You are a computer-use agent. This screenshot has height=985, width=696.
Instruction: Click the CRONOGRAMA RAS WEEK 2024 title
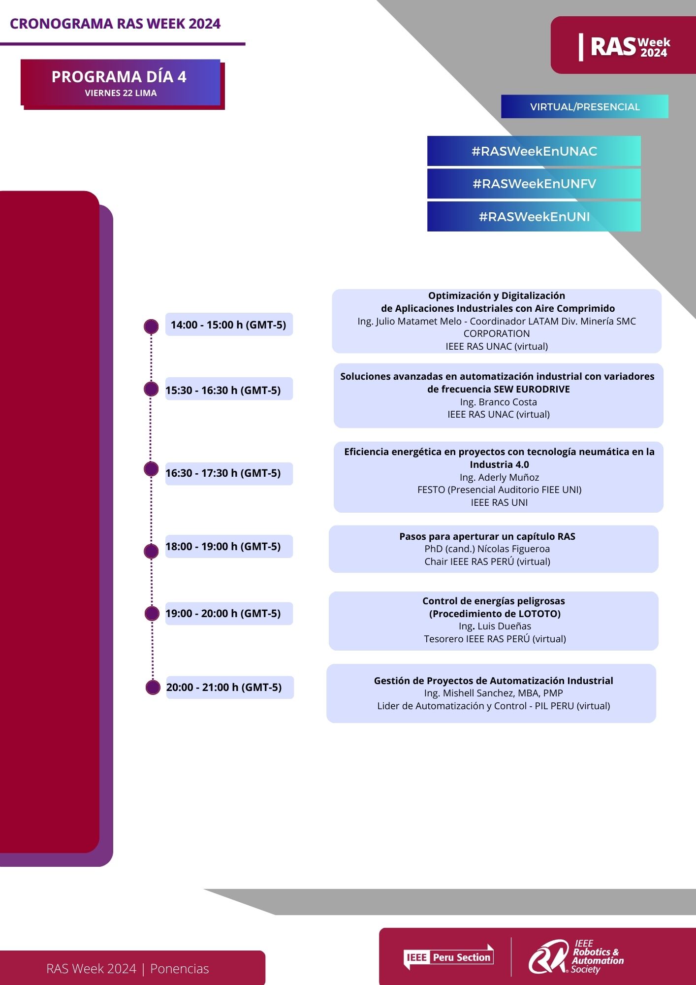[x=115, y=24]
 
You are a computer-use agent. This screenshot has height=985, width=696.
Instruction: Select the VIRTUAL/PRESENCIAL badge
[x=585, y=106]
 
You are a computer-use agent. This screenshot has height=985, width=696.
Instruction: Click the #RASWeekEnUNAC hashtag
[x=534, y=151]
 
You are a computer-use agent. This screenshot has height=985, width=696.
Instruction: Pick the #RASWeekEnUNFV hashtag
[x=534, y=184]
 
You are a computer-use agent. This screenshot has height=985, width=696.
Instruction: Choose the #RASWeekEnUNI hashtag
[x=534, y=217]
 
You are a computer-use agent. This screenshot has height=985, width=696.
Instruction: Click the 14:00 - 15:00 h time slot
[x=229, y=325]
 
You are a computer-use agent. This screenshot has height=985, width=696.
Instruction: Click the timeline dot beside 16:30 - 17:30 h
[x=151, y=469]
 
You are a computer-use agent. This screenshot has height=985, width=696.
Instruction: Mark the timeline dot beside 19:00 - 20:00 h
[x=152, y=613]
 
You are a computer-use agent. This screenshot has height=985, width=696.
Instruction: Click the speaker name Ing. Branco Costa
[x=498, y=402]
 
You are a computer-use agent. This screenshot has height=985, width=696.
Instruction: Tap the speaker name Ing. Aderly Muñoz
[x=499, y=477]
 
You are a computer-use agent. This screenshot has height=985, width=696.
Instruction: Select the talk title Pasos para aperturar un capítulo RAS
[x=487, y=536]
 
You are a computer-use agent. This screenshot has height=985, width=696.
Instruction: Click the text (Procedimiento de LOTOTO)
[x=495, y=614]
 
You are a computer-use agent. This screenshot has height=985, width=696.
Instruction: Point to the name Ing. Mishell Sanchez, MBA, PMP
[x=494, y=693]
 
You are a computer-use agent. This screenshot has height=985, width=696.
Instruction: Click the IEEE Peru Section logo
[x=448, y=957]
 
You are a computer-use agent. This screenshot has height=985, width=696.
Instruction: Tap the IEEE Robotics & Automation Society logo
[x=576, y=956]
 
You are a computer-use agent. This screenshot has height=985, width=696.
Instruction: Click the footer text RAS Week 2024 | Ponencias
[x=127, y=969]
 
